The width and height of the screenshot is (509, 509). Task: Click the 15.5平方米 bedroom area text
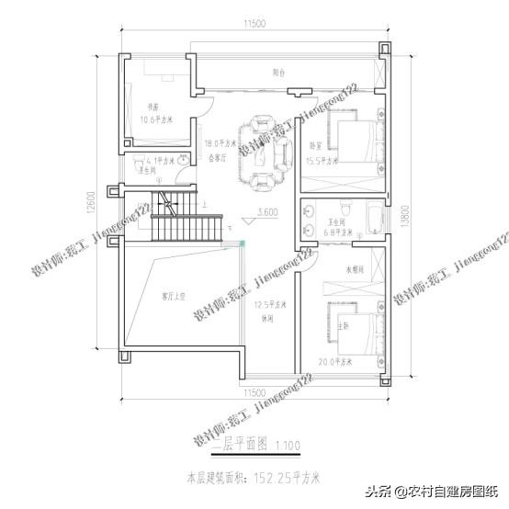321,161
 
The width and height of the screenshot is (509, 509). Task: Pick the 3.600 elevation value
267,212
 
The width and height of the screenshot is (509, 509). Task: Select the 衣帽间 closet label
332,270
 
